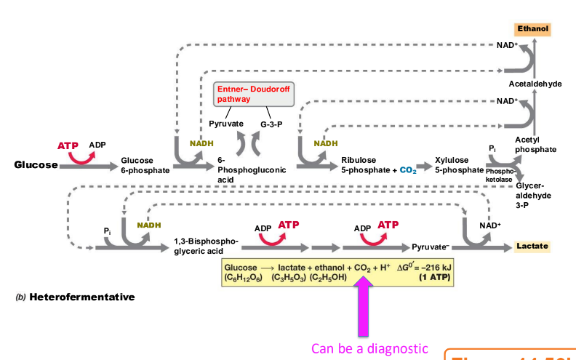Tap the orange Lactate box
[x=531, y=247]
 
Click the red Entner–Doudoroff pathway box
[x=248, y=94]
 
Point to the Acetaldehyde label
[x=535, y=84]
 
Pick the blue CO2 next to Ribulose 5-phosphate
[x=407, y=170]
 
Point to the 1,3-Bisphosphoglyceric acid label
[x=206, y=246]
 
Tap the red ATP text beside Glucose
[x=68, y=145]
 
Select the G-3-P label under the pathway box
[x=271, y=124]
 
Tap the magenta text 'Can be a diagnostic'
[x=369, y=348]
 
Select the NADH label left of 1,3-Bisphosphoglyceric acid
[x=148, y=225]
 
